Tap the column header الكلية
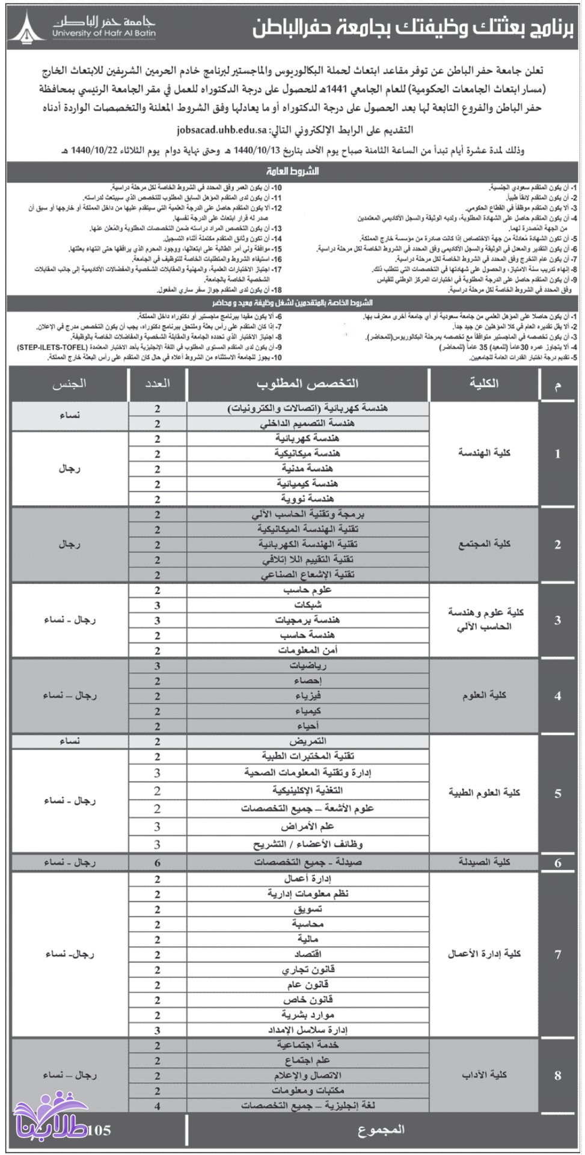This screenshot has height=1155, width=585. [483, 384]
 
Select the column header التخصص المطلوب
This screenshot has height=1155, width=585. [308, 384]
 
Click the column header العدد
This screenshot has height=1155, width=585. [158, 384]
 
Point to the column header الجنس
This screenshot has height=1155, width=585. [70, 384]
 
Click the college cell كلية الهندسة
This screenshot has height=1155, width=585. [483, 453]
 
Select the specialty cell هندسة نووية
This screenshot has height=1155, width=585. [307, 499]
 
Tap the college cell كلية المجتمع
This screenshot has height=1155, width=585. [483, 544]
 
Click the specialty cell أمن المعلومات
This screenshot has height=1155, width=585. [307, 650]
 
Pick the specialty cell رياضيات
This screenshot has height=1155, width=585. [307, 666]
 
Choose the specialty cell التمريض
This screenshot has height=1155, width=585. [307, 742]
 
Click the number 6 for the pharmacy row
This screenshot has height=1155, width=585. [158, 863]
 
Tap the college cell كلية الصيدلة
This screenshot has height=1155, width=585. [483, 863]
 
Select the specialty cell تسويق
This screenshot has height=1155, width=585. [307, 910]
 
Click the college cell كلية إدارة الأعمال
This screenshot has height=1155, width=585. [483, 954]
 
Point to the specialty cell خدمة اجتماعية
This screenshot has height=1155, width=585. [307, 1046]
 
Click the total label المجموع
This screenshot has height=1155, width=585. [381, 1130]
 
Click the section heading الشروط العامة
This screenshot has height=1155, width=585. [292, 171]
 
